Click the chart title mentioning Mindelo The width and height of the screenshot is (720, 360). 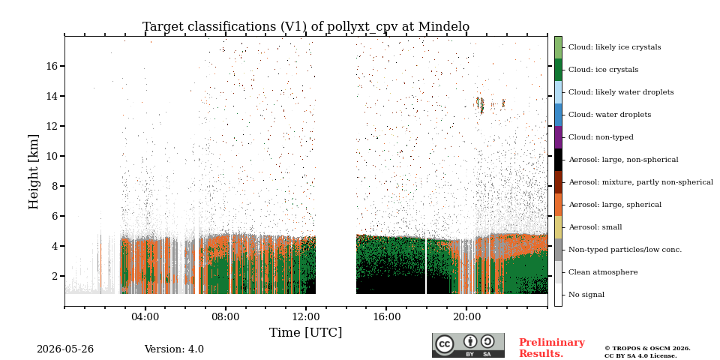tap(306, 27)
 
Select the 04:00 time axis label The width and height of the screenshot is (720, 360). tap(145, 316)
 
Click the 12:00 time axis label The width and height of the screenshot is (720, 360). tap(306, 316)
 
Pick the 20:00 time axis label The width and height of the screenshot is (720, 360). tap(466, 316)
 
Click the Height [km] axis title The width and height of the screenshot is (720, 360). tap(34, 172)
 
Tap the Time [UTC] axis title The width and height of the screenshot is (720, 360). tap(306, 332)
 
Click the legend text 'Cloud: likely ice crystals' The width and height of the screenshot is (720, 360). tap(615, 46)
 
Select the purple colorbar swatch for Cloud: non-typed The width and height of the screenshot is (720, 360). tap(558, 137)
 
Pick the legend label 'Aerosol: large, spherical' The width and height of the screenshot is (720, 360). tap(615, 204)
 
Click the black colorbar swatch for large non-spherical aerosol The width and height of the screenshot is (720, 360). tap(558, 160)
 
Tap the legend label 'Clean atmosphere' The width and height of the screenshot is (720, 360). tap(603, 271)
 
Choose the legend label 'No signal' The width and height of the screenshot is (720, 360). tap(586, 294)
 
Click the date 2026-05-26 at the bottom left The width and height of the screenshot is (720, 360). tap(65, 349)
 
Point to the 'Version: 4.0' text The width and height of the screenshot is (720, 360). tap(174, 349)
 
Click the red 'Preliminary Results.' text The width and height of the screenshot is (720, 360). tap(552, 348)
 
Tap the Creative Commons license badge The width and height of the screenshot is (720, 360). tap(468, 345)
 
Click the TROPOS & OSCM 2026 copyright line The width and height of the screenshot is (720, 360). tap(647, 349)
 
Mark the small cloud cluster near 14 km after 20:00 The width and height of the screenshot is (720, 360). tap(480, 105)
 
